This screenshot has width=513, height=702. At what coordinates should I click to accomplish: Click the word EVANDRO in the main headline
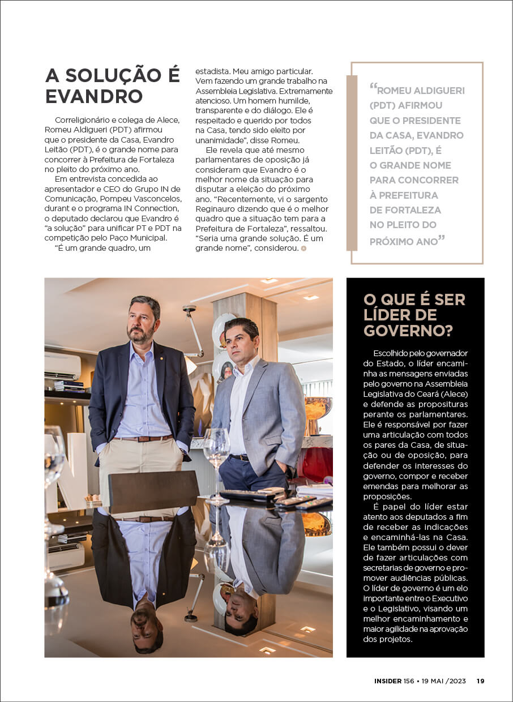click(x=94, y=96)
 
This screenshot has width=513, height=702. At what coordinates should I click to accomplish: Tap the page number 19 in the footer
click(x=480, y=681)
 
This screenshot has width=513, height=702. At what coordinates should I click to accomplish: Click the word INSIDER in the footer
click(x=388, y=681)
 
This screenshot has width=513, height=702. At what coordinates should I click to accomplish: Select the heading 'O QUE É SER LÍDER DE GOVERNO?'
click(x=414, y=315)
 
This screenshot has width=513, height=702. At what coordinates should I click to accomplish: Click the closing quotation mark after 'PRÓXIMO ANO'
click(x=442, y=239)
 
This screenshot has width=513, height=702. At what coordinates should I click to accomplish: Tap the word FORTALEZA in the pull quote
click(x=405, y=210)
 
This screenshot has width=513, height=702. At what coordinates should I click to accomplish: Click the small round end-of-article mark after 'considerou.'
click(x=303, y=248)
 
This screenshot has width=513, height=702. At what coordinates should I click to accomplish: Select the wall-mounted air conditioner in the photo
click(x=62, y=366)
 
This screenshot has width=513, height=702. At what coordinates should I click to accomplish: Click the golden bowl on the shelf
click(x=318, y=408)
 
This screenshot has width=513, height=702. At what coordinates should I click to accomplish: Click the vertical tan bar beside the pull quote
click(x=352, y=163)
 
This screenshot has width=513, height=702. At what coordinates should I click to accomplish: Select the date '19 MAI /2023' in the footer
click(x=443, y=681)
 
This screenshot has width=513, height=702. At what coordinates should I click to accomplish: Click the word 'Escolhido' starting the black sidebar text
click(x=392, y=353)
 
